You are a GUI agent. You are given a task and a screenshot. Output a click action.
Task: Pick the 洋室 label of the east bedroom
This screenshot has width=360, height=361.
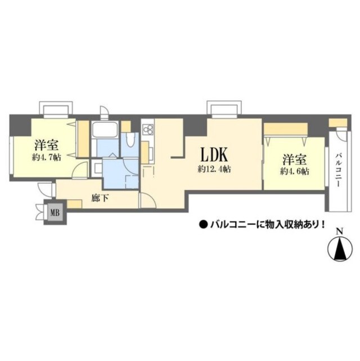coord(294,158)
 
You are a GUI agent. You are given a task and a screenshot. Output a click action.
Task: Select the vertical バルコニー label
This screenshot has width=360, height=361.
coord(340,168)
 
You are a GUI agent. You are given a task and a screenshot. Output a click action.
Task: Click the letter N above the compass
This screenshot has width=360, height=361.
coord(339,231)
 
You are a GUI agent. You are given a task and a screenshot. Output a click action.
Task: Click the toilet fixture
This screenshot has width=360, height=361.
coord(130,141)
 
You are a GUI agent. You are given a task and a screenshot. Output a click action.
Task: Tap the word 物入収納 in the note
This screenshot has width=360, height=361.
coord(281,224)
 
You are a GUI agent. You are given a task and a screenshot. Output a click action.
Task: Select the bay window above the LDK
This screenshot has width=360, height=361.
coord(220,108)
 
